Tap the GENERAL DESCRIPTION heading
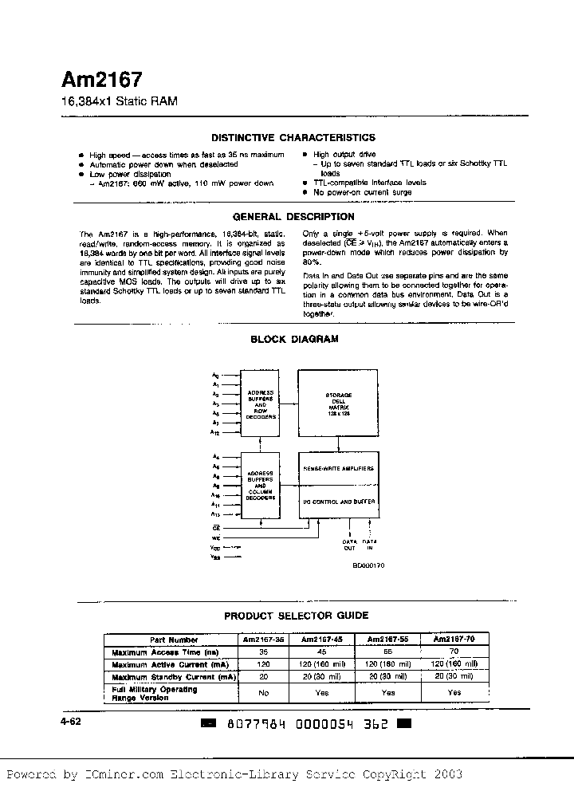pyautogui.click(x=293, y=217)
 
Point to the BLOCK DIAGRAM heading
pyautogui.click(x=294, y=339)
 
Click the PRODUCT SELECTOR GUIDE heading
pyautogui.click(x=296, y=616)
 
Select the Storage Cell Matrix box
pyautogui.click(x=338, y=405)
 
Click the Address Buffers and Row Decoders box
pyautogui.click(x=261, y=404)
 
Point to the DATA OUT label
pyautogui.click(x=349, y=545)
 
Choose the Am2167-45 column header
pyautogui.click(x=322, y=640)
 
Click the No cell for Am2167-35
pyautogui.click(x=264, y=693)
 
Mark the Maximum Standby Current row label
pyautogui.click(x=174, y=676)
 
